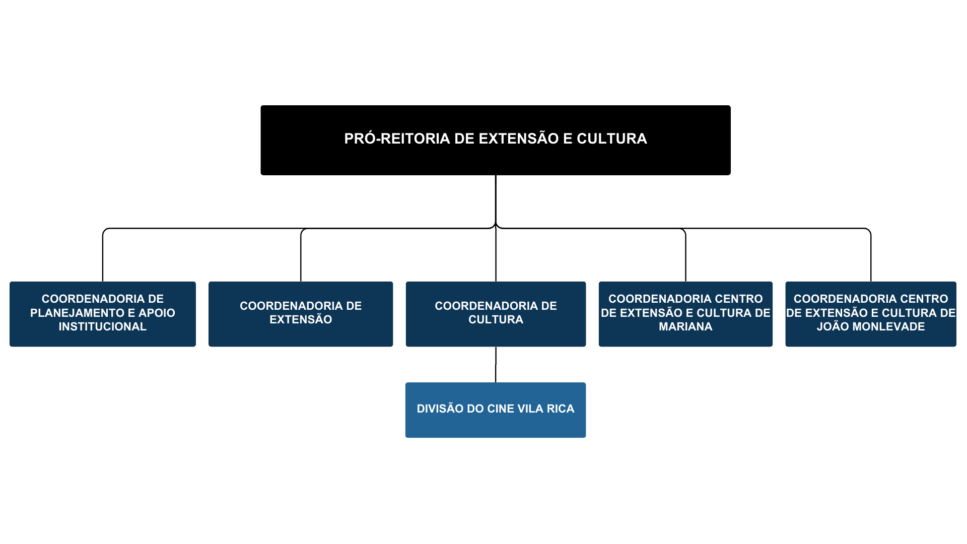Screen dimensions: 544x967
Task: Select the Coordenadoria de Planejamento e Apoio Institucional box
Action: [x=102, y=313]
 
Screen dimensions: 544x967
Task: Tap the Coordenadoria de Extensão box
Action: [x=300, y=313]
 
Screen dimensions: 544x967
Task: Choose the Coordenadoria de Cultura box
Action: [x=496, y=313]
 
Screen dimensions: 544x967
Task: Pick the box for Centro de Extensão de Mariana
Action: [x=685, y=313]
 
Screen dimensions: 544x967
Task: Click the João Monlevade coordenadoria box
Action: [x=870, y=313]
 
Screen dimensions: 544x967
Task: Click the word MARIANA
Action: [x=685, y=327]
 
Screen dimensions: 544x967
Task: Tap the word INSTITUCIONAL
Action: [x=102, y=327]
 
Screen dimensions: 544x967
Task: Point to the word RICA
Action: [x=561, y=409]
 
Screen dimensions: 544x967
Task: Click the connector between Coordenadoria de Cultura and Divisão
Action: [x=496, y=364]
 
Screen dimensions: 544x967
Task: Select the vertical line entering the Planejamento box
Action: [x=103, y=257]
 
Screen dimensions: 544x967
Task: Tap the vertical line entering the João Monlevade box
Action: [x=871, y=257]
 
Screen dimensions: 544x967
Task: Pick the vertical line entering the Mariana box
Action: [x=685, y=257]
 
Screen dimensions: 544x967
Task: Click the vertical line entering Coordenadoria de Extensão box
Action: [x=301, y=257]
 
